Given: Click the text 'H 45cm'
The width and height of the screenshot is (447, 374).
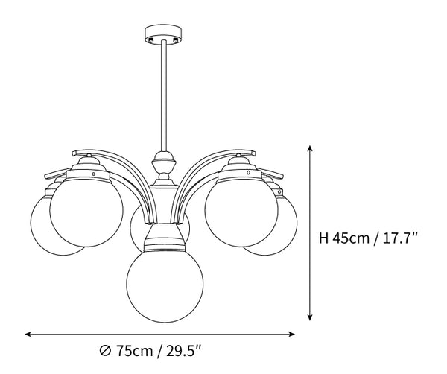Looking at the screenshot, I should (x=342, y=238).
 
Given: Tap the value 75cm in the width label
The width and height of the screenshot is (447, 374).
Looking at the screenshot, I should (x=134, y=351).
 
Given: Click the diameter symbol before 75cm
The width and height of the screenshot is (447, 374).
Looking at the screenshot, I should (x=105, y=351).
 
